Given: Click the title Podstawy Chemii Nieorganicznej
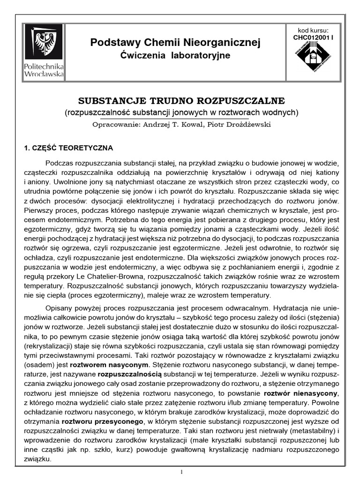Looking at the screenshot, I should [x=175, y=43].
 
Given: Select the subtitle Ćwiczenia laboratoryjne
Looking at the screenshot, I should [x=175, y=56].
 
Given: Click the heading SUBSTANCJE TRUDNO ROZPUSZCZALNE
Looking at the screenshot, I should [x=180, y=101].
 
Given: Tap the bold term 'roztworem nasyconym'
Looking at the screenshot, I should [x=123, y=364].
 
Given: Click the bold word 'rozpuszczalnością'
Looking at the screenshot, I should [x=129, y=375].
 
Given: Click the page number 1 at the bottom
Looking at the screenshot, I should [x=180, y=472].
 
